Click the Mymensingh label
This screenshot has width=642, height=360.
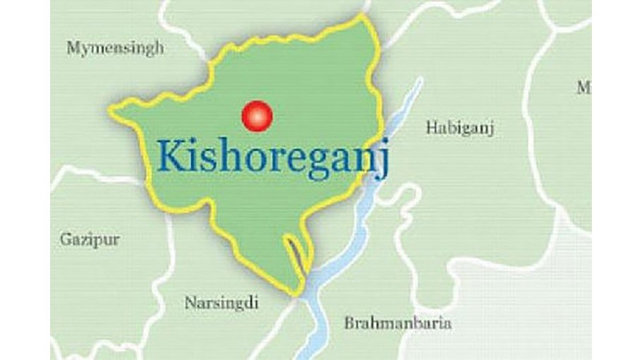tap(115, 48)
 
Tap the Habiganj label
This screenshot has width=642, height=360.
tap(459, 128)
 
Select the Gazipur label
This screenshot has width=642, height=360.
tap(90, 239)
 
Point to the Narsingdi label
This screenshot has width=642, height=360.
tap(221, 303)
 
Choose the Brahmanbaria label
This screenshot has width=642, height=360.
tap(398, 323)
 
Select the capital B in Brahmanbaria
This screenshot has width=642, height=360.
tap(349, 323)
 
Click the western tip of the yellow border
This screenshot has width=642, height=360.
tap(110, 109)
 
